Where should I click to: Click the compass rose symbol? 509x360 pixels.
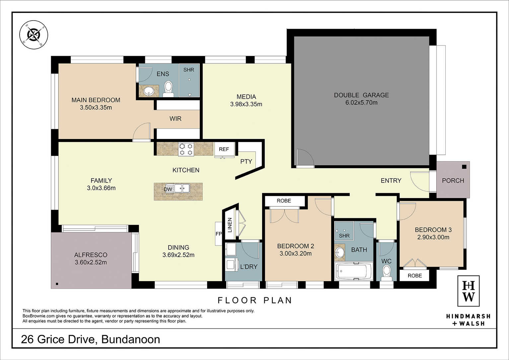(x=34, y=35)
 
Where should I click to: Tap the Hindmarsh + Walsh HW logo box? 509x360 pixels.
(x=468, y=291)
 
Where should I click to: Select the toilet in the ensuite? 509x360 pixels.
(x=168, y=89)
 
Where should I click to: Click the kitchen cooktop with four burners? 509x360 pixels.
(x=186, y=149)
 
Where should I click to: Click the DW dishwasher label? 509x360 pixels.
(x=168, y=189)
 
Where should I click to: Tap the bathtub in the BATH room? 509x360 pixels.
(x=354, y=271)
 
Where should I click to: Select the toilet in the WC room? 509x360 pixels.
(x=386, y=274)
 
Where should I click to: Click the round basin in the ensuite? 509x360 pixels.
(x=149, y=91)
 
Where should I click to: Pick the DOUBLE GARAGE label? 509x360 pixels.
(x=361, y=95)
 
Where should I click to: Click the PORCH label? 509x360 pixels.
(x=453, y=181)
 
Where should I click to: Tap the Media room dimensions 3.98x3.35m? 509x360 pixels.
(x=246, y=104)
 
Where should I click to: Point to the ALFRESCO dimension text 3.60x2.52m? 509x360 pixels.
(x=91, y=262)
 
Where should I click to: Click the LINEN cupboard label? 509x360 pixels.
(x=230, y=225)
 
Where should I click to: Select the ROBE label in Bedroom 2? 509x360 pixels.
(x=284, y=201)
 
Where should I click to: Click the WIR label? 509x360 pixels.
(x=176, y=119)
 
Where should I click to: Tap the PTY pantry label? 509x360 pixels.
(x=246, y=161)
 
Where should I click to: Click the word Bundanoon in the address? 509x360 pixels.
(x=131, y=339)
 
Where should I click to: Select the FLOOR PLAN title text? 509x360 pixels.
(x=255, y=301)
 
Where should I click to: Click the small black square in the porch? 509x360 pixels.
(x=464, y=167)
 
